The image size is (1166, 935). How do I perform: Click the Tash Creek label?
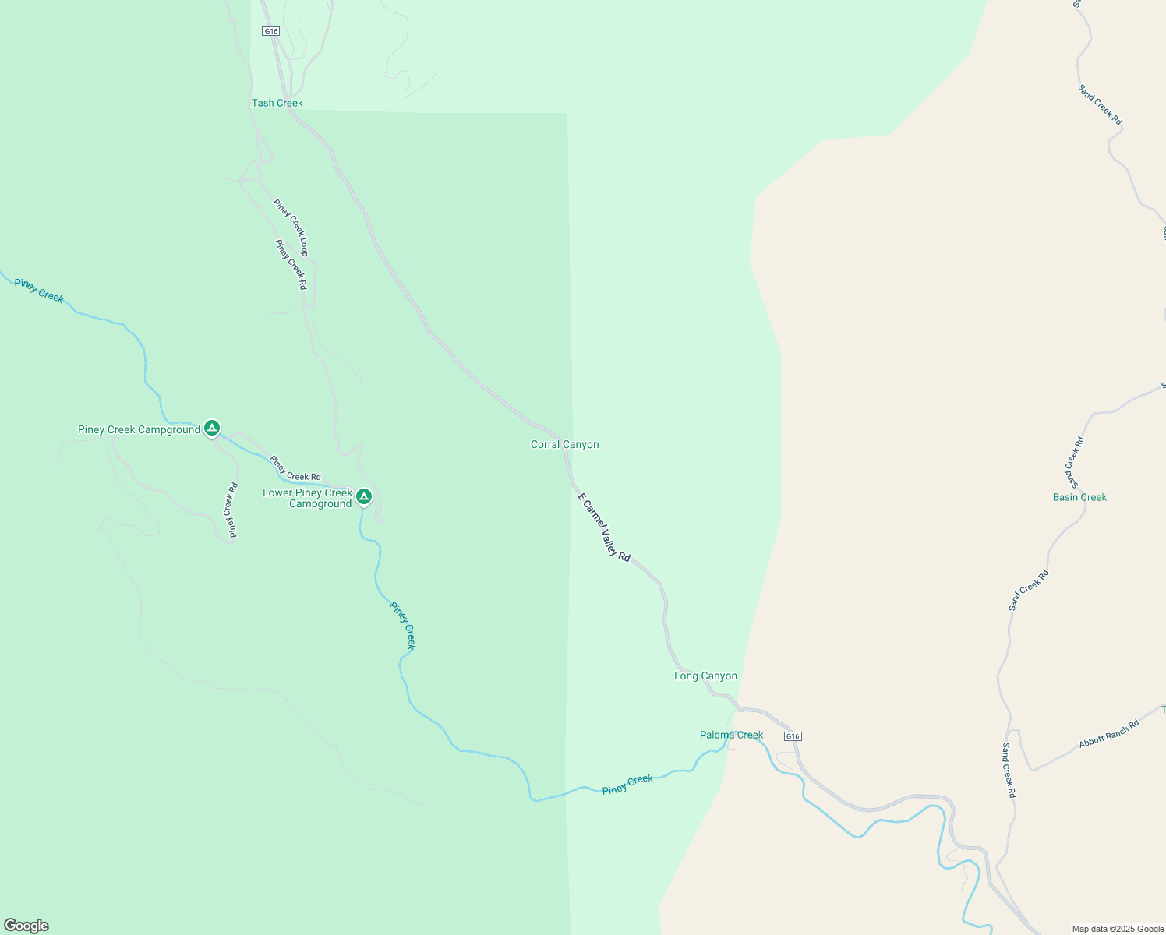tap(277, 103)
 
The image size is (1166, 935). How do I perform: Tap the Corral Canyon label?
tap(564, 445)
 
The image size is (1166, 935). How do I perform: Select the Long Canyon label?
tap(705, 676)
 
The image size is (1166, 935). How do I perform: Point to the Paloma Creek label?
tap(731, 736)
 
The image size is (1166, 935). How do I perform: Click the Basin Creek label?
tap(1079, 497)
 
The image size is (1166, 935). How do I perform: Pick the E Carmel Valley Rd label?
tap(604, 527)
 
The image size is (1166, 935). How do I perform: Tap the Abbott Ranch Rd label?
tap(1108, 734)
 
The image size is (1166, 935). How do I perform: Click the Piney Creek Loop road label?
tap(291, 228)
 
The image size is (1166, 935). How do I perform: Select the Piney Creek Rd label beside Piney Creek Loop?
tap(291, 264)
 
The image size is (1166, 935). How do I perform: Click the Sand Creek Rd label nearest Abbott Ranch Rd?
tap(1009, 770)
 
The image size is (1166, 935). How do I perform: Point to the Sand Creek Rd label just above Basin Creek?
tap(1074, 458)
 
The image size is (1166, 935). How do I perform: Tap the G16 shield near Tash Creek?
tap(270, 31)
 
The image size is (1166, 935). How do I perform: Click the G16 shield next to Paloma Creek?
tap(793, 736)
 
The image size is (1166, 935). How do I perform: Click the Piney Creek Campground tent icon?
tap(211, 428)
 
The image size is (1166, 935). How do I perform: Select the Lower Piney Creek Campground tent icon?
tap(363, 496)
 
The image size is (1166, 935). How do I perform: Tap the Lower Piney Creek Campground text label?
tap(308, 499)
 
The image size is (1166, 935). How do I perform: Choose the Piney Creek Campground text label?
tap(139, 430)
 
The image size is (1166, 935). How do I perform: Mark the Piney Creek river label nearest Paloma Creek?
tap(627, 784)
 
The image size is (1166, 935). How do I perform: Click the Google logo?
tap(26, 926)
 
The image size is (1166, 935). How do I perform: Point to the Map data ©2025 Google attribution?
tap(1118, 929)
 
